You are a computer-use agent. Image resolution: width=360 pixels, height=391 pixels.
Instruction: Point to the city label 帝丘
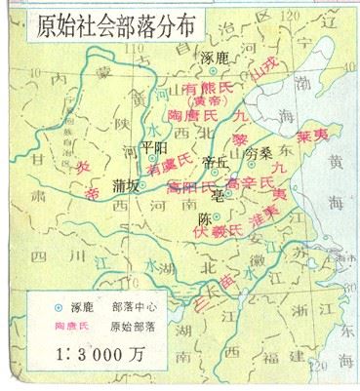click(x=213, y=162)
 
